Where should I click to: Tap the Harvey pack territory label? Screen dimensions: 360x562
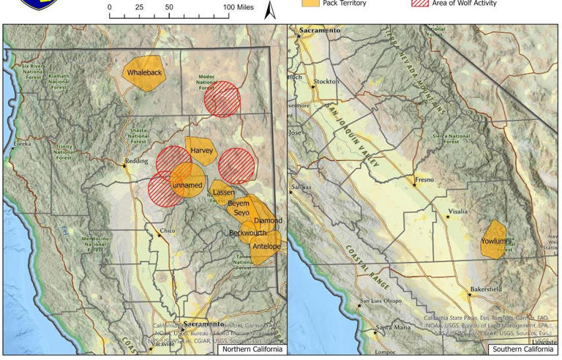pyautogui.click(x=201, y=151)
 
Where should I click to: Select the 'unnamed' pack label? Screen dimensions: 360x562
pyautogui.click(x=187, y=186)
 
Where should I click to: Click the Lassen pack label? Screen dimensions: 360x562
pyautogui.click(x=223, y=192)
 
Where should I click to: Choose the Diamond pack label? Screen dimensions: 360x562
pyautogui.click(x=268, y=221)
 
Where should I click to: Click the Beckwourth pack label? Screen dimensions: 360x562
pyautogui.click(x=247, y=233)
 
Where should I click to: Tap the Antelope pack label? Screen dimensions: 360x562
pyautogui.click(x=266, y=247)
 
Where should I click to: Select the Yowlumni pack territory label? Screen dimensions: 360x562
pyautogui.click(x=496, y=241)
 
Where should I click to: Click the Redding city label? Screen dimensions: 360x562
pyautogui.click(x=136, y=161)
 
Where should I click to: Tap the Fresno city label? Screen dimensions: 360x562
pyautogui.click(x=424, y=179)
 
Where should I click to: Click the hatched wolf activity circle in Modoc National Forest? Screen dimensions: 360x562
pyautogui.click(x=222, y=99)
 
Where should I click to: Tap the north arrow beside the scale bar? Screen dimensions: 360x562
pyautogui.click(x=269, y=9)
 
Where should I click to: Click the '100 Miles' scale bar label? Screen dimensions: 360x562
pyautogui.click(x=239, y=7)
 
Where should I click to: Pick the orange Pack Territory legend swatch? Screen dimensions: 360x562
pyautogui.click(x=311, y=3)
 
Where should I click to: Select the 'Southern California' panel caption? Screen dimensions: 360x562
pyautogui.click(x=522, y=349)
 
